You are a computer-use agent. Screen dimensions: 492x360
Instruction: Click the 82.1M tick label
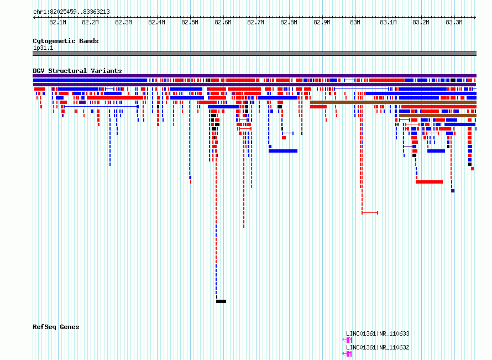click(x=57, y=22)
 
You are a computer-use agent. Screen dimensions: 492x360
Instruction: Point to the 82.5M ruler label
click(x=190, y=22)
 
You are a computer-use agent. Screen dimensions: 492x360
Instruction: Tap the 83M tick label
click(x=355, y=22)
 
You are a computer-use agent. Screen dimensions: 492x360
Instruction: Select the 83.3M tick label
click(x=454, y=22)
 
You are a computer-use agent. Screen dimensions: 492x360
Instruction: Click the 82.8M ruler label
click(x=289, y=22)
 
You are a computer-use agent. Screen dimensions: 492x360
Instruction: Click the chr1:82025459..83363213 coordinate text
click(x=71, y=12)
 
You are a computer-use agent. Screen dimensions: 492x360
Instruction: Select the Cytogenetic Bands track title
click(x=66, y=41)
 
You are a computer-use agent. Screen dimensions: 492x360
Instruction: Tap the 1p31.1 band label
click(x=43, y=48)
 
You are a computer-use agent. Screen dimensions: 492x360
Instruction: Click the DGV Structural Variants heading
click(x=77, y=71)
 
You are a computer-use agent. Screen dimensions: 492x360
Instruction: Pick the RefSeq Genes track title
click(x=56, y=327)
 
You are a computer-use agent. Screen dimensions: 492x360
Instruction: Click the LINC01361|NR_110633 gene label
click(x=378, y=333)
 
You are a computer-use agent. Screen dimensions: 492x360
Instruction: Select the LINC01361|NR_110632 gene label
click(x=378, y=347)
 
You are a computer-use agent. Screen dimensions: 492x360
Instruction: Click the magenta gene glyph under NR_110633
click(x=347, y=340)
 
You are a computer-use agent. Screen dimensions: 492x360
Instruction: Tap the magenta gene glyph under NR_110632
click(x=347, y=354)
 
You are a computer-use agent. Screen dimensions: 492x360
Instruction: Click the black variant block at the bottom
click(x=221, y=301)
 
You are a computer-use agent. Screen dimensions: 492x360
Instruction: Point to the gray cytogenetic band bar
click(x=254, y=54)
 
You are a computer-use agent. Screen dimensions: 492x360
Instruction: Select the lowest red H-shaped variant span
click(x=370, y=213)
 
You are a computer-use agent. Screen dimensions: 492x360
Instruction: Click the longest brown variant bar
click(x=393, y=102)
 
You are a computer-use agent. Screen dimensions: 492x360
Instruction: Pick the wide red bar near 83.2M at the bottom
click(x=429, y=182)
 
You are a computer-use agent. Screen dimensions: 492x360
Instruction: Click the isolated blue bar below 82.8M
click(x=283, y=151)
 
